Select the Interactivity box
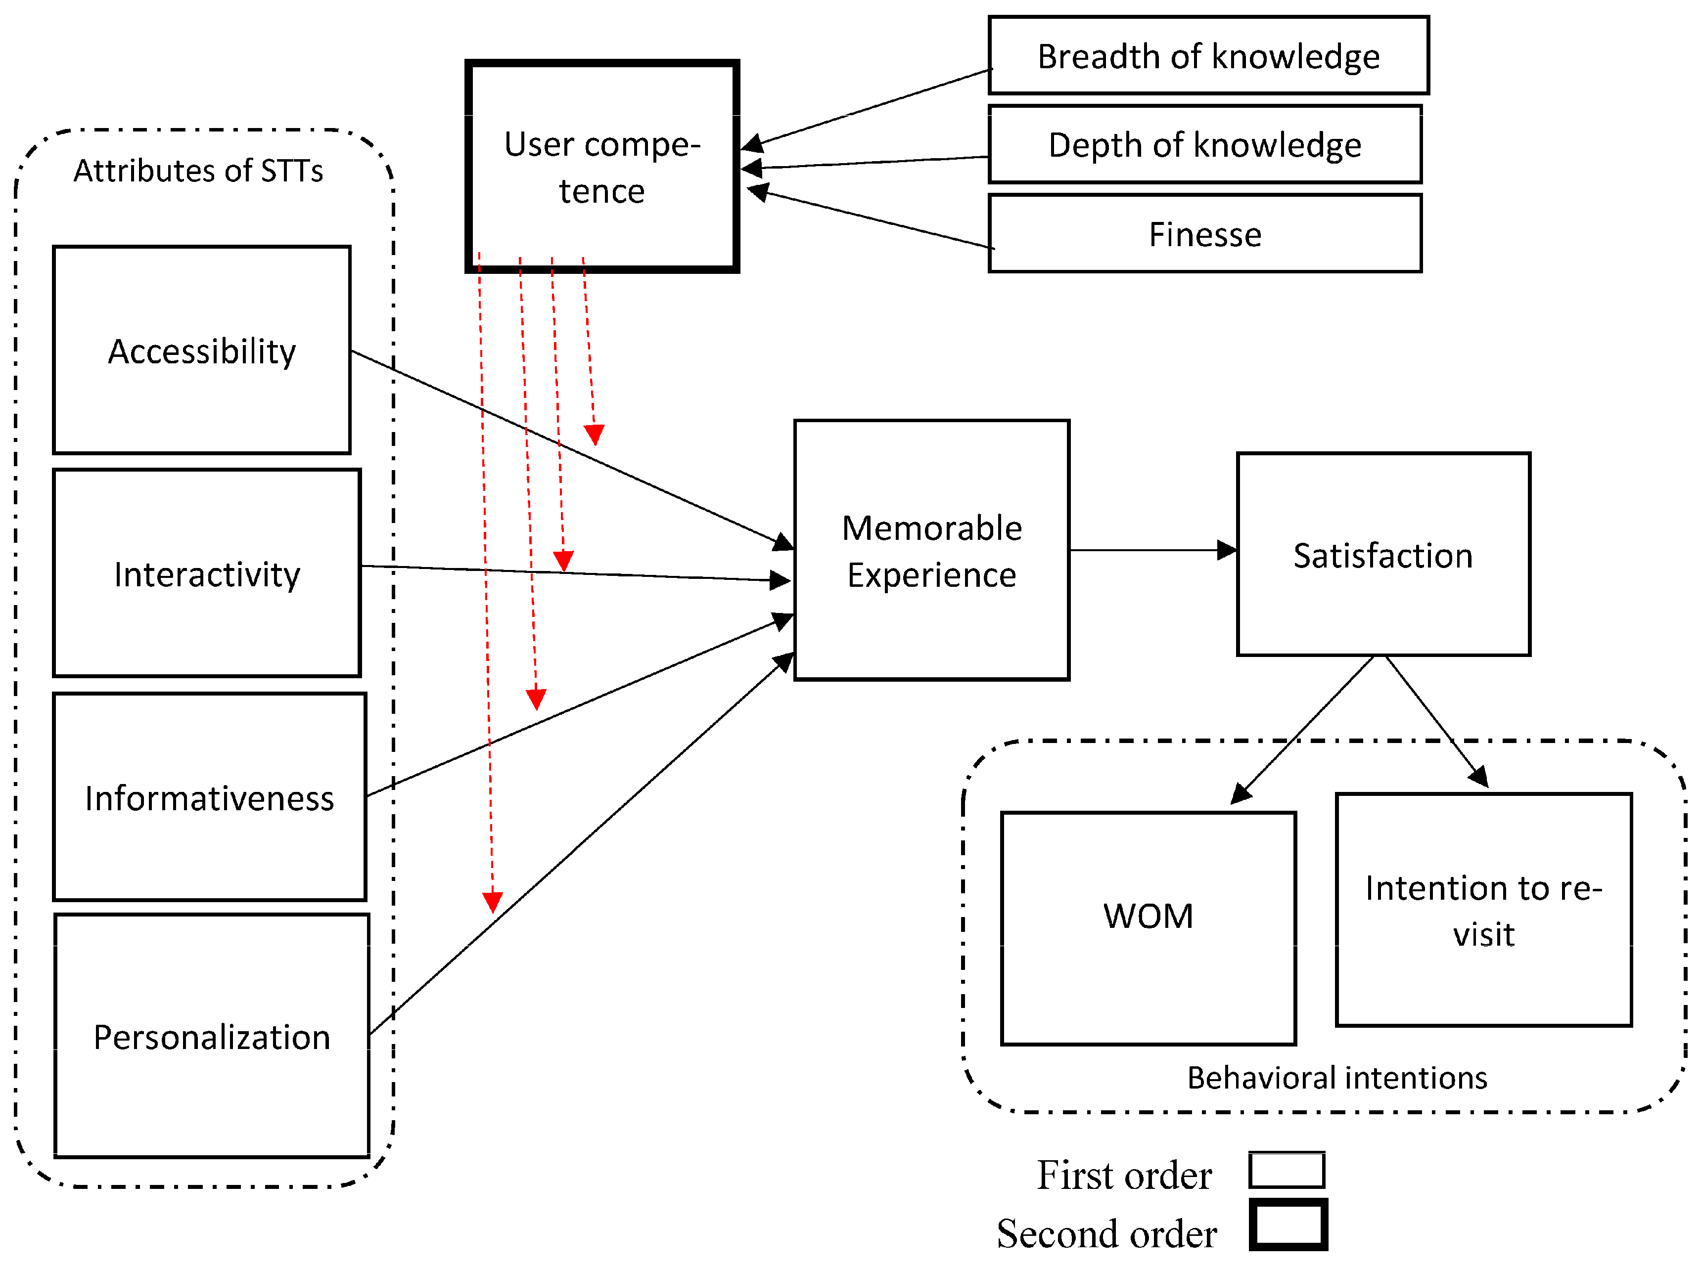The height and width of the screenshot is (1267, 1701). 206,573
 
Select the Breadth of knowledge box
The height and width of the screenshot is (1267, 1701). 1208,55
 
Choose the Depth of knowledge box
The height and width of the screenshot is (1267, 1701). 1204,144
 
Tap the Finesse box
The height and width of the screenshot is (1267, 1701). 1204,233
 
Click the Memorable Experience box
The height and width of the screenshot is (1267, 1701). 931,549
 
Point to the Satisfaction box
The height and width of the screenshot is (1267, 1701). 1382,554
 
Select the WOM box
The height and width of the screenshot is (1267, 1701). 1148,927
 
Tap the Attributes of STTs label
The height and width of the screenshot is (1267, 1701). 198,170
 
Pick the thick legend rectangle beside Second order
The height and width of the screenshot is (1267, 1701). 1287,1225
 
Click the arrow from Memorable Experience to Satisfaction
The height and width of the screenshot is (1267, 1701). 1151,549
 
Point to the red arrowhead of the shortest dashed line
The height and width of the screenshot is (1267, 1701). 594,434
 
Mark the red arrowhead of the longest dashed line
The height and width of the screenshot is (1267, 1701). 492,901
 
